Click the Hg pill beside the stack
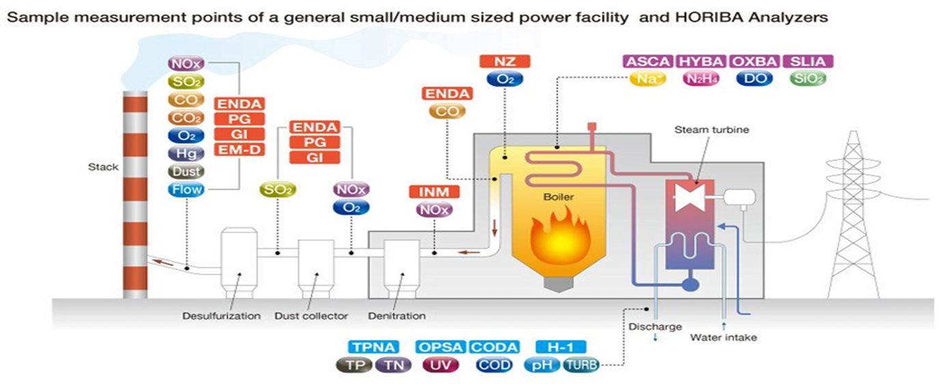click(186, 153)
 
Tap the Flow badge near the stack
click(186, 189)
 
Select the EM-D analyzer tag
click(239, 150)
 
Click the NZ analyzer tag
click(505, 61)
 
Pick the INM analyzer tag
click(435, 191)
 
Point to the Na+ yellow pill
click(648, 79)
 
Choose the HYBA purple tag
click(701, 61)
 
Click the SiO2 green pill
click(808, 79)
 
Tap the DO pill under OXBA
click(755, 79)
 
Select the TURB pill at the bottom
click(581, 365)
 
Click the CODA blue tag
click(495, 347)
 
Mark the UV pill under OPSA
click(441, 365)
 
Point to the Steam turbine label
click(711, 129)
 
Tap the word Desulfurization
click(221, 316)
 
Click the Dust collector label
click(312, 316)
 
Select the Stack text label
click(103, 167)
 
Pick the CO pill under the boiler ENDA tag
click(448, 111)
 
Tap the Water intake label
click(724, 338)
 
